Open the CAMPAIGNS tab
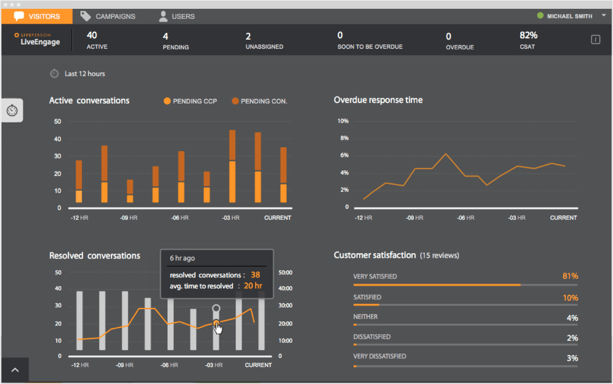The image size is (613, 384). click(x=108, y=16)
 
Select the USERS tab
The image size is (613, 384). click(x=177, y=16)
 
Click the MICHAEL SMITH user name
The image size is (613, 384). click(x=569, y=16)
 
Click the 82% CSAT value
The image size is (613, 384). click(x=528, y=36)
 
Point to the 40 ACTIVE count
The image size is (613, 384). click(x=92, y=36)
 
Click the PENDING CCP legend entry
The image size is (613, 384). click(x=190, y=101)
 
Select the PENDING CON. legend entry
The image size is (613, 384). click(x=259, y=101)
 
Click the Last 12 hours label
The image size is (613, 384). click(x=84, y=74)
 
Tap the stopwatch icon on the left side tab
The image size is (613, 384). click(x=12, y=110)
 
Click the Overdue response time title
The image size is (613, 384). click(x=378, y=100)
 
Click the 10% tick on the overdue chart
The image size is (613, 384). click(x=343, y=121)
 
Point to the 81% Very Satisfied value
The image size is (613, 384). click(x=570, y=276)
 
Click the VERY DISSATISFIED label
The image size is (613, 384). click(x=379, y=356)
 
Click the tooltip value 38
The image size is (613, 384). click(x=255, y=275)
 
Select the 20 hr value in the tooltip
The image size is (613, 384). click(x=253, y=286)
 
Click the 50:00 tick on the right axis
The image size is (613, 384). click(x=285, y=273)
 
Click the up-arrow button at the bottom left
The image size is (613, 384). click(x=15, y=370)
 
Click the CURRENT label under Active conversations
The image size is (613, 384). click(x=277, y=218)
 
